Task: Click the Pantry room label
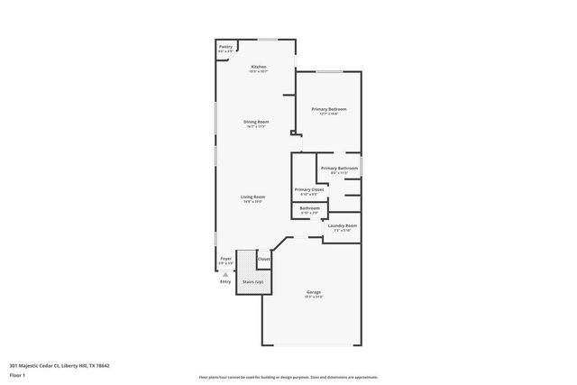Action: (225, 48)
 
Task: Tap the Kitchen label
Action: (259, 68)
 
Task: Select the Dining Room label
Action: (256, 122)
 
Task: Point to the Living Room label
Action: (252, 197)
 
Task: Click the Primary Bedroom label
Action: (329, 109)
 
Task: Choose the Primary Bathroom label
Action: (339, 169)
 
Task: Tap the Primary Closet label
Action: (309, 189)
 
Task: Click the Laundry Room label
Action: (342, 226)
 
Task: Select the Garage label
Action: (314, 292)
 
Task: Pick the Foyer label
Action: (225, 260)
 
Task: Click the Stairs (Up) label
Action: (252, 282)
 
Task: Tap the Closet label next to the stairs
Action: (264, 260)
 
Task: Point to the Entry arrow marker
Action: (225, 274)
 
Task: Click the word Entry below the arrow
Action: (225, 282)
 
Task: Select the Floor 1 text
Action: (19, 374)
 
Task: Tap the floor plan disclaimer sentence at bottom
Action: (288, 376)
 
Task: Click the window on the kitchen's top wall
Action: (268, 40)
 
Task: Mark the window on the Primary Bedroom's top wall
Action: (328, 72)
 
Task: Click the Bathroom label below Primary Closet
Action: (310, 208)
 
